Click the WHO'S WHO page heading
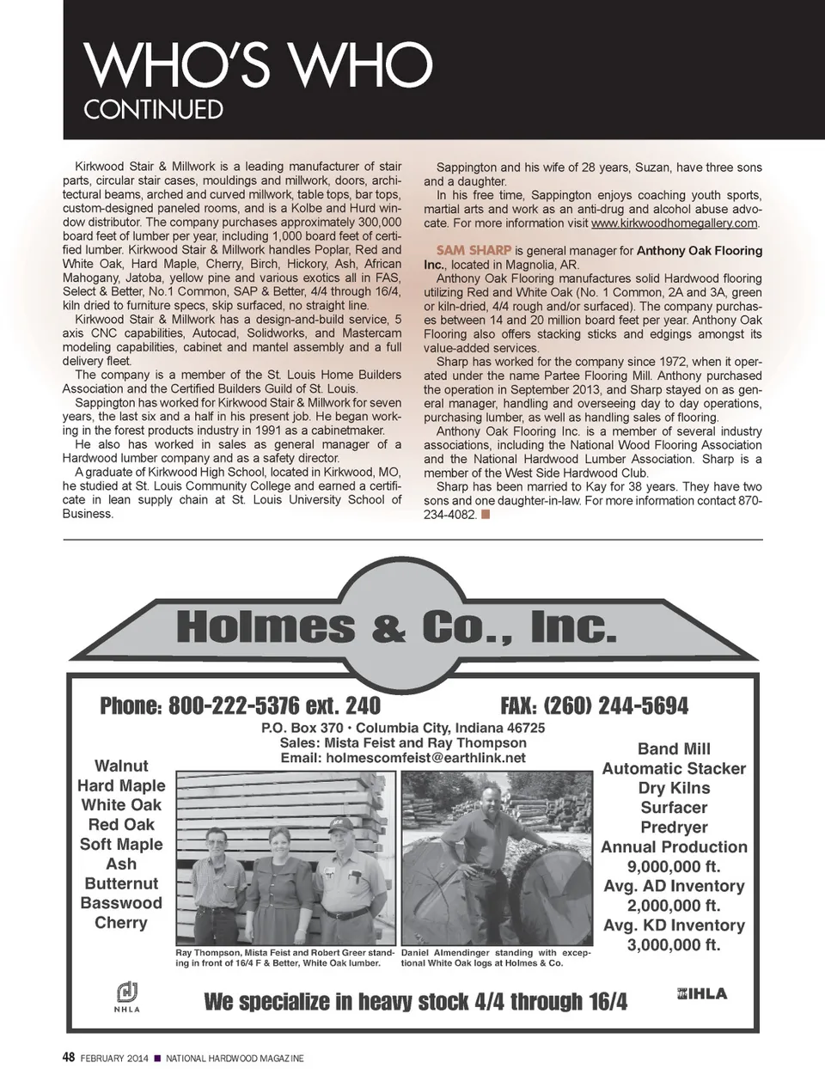coord(258,65)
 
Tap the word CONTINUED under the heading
coord(153,110)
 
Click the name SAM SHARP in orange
coord(474,250)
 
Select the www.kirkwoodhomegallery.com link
coord(675,223)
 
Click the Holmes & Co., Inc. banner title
coord(396,627)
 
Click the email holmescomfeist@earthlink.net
coord(403,758)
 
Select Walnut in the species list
coord(121,766)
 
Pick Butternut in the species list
coord(121,883)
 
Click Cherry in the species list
coord(121,923)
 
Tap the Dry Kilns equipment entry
coord(674,788)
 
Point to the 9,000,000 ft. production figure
coord(674,866)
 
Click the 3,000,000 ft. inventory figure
coord(674,945)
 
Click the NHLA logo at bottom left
coord(127,996)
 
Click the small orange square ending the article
coord(486,514)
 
